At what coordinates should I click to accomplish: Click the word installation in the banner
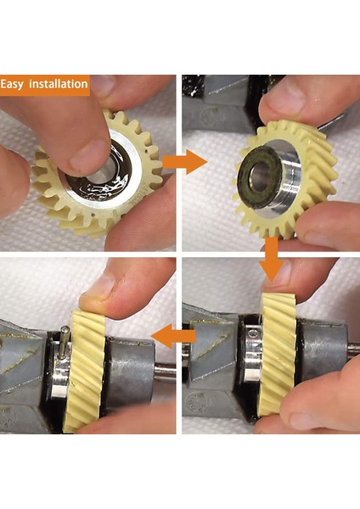[58, 85]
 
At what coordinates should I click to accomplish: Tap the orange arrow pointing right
[184, 160]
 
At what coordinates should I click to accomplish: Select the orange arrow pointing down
[270, 255]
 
